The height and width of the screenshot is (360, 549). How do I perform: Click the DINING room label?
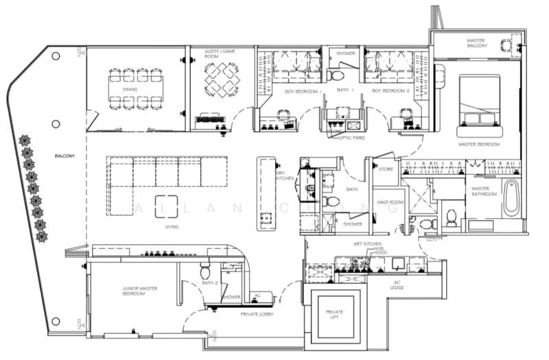130,90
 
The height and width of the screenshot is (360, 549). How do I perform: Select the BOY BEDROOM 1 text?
302,91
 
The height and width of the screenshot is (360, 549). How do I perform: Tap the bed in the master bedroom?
480,101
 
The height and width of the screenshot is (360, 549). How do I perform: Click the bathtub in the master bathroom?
511,199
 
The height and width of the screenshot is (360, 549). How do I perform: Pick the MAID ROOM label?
388,202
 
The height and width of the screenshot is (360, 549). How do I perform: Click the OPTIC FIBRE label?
351,137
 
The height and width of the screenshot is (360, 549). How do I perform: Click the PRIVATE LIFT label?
335,315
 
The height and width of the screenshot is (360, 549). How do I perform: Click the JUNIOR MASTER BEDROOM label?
135,291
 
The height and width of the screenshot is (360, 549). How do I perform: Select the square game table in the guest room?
222,80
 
